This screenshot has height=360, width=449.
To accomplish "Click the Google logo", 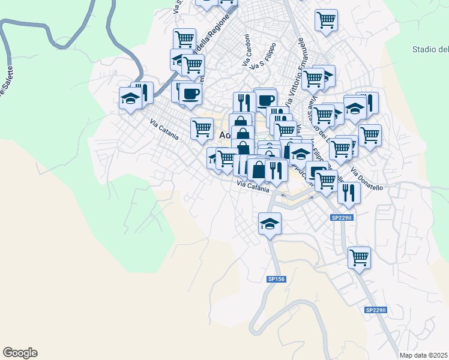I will click(20, 353).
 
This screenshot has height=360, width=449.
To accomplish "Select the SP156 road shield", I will click(276, 279).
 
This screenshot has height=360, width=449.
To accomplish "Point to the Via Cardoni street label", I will click(246, 50).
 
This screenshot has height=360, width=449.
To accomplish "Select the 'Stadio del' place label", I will click(430, 49).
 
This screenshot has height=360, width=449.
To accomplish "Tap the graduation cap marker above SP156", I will click(270, 224).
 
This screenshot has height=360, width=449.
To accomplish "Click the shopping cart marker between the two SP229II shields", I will click(359, 257).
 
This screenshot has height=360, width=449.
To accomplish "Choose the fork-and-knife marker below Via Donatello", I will click(348, 192).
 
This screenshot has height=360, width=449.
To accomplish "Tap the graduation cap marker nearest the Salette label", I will click(130, 97).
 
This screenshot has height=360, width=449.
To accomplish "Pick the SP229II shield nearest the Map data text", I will click(376, 310).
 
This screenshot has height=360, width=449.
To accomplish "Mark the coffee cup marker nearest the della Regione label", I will click(191, 93).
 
